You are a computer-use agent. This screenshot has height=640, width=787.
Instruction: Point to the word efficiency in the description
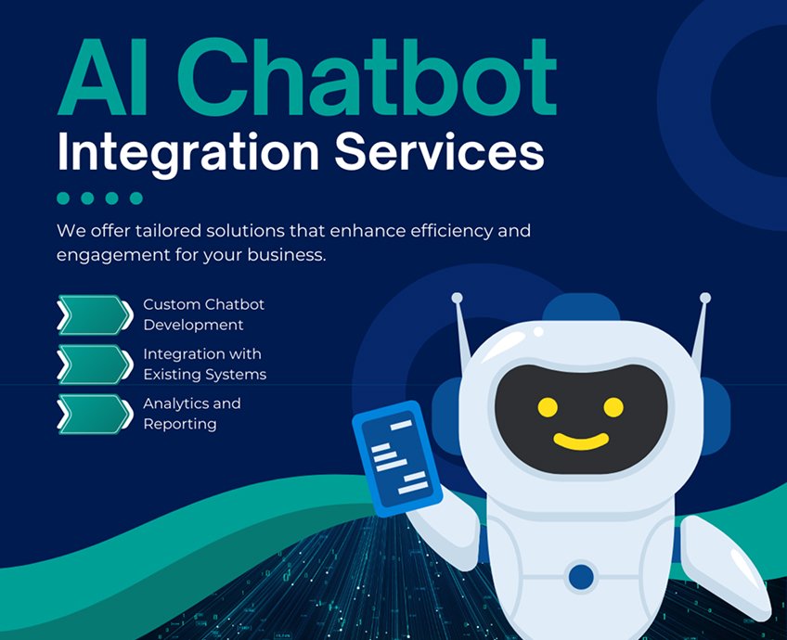point(444,230)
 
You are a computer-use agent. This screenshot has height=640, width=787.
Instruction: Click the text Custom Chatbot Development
point(203,314)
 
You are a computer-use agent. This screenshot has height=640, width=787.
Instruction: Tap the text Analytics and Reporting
point(191,414)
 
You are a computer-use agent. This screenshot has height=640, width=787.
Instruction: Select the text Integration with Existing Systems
point(204,364)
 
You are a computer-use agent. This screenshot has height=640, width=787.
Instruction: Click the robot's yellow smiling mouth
point(581,440)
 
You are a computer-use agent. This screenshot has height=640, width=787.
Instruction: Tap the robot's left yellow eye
point(548,406)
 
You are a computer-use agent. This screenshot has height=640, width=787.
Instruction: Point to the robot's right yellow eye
point(613,406)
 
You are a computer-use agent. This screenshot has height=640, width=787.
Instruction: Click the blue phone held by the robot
point(397,456)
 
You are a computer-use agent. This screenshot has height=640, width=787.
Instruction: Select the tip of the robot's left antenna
point(457,298)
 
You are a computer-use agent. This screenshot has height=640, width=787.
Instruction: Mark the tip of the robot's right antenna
point(705,298)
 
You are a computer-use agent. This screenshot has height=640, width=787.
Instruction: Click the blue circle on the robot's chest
point(581,576)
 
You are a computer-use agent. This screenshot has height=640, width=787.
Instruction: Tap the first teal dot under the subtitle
point(63,198)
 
